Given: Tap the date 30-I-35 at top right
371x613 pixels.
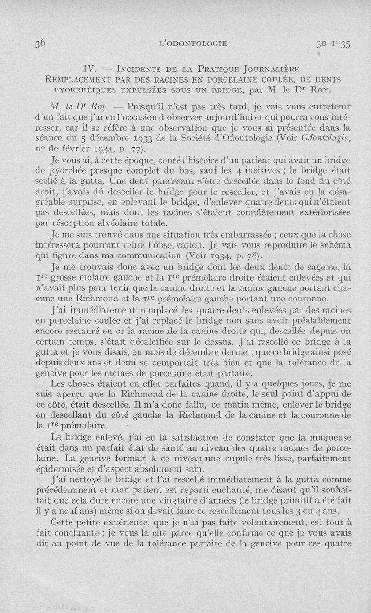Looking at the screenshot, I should pos(332,45).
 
